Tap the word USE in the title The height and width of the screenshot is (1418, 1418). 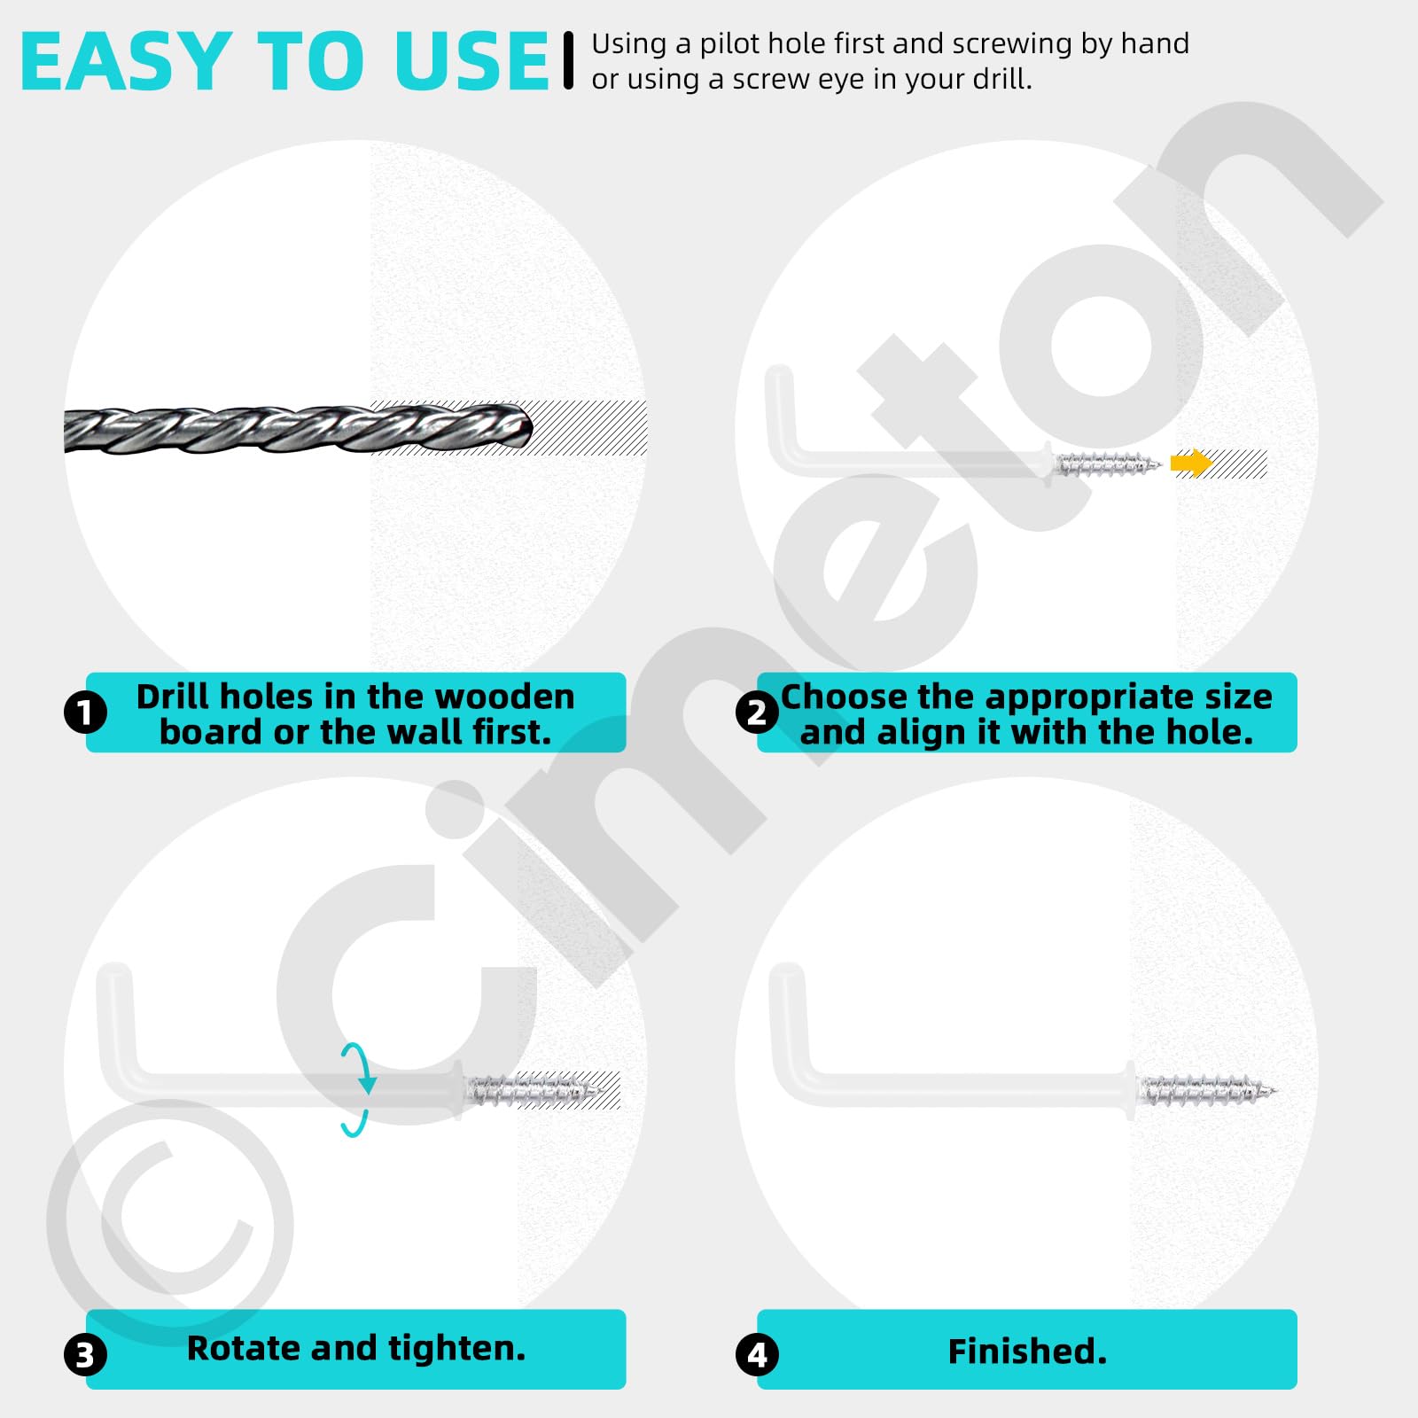pyautogui.click(x=471, y=61)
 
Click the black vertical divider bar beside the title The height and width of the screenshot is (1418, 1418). pyautogui.click(x=569, y=60)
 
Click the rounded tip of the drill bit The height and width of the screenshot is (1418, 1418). pyautogui.click(x=528, y=430)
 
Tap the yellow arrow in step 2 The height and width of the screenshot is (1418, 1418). pyautogui.click(x=1190, y=463)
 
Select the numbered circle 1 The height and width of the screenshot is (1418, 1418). pyautogui.click(x=86, y=713)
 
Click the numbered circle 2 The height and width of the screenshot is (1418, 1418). pyautogui.click(x=757, y=713)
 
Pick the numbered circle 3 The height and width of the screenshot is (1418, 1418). pyautogui.click(x=86, y=1355)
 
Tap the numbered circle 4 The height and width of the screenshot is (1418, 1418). pyautogui.click(x=757, y=1355)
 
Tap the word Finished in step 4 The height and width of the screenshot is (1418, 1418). pyautogui.click(x=1022, y=1352)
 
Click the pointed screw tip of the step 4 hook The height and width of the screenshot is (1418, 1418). pyautogui.click(x=1275, y=1091)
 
